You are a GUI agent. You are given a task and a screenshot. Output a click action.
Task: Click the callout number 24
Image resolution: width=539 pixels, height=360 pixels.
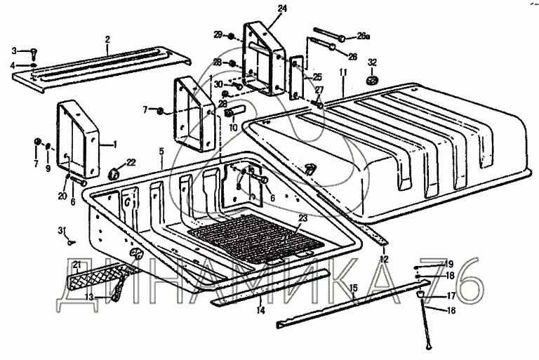[x=263, y=8]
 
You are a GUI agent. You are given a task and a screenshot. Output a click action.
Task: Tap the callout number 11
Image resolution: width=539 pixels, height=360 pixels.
[x=343, y=72]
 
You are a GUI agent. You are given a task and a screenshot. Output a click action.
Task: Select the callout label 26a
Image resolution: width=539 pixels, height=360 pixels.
[x=364, y=34]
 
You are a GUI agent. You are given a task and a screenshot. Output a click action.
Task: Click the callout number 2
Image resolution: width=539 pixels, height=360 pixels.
[x=107, y=39]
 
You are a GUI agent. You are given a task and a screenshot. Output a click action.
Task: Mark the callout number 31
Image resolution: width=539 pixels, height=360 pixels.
[x=62, y=230]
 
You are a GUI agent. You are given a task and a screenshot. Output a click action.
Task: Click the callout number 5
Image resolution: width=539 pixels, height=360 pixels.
[x=161, y=150]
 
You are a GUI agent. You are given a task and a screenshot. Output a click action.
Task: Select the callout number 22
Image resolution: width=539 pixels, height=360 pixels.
[x=131, y=163]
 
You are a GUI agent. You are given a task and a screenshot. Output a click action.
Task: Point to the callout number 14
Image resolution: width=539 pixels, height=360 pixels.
[x=260, y=309]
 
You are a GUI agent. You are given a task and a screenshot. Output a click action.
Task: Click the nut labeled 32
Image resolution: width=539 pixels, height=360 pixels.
[x=373, y=76]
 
